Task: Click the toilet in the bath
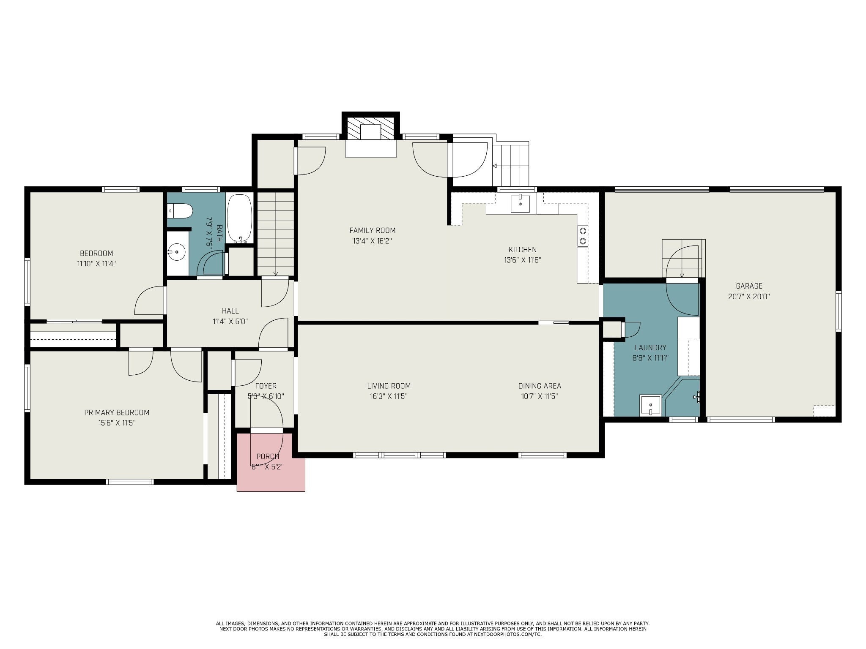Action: coord(180,210)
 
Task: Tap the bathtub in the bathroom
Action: coord(240,219)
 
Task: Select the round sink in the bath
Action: coord(177,253)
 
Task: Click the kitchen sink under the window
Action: coord(520,203)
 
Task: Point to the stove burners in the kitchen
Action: coord(583,236)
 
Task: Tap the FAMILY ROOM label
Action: coord(373,230)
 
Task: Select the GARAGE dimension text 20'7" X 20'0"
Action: coord(749,297)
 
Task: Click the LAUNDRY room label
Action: coord(650,348)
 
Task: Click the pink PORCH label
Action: coord(268,456)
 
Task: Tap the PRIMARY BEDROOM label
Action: coord(117,412)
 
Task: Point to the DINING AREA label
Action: coord(540,386)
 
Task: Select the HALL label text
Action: coord(230,311)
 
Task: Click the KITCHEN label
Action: coord(523,250)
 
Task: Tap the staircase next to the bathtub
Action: coord(276,234)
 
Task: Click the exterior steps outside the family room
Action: coord(511,164)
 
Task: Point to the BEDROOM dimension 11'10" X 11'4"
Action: coord(96,264)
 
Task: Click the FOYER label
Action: coord(266,386)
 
